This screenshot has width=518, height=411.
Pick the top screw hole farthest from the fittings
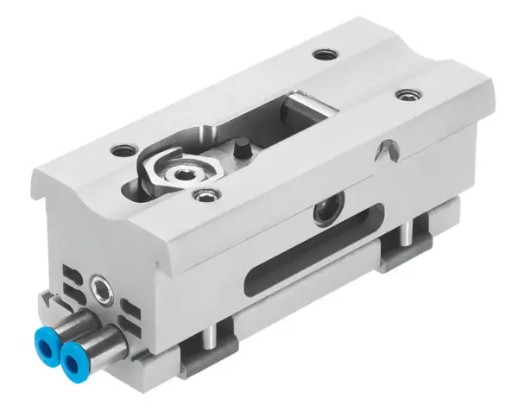324,54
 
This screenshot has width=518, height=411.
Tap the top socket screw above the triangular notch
405,93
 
